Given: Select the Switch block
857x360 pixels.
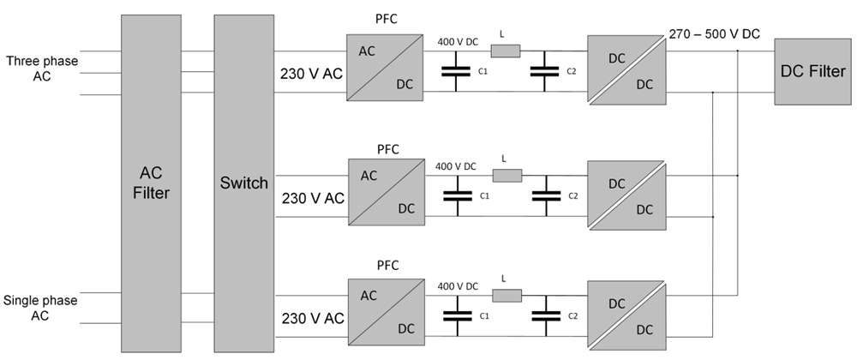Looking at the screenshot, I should pos(243,183).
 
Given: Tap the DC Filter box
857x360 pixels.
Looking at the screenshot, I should pos(812,71).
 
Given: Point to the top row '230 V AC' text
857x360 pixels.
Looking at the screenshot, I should pos(311,74).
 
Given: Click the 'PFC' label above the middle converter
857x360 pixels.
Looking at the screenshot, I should pos(388,149).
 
